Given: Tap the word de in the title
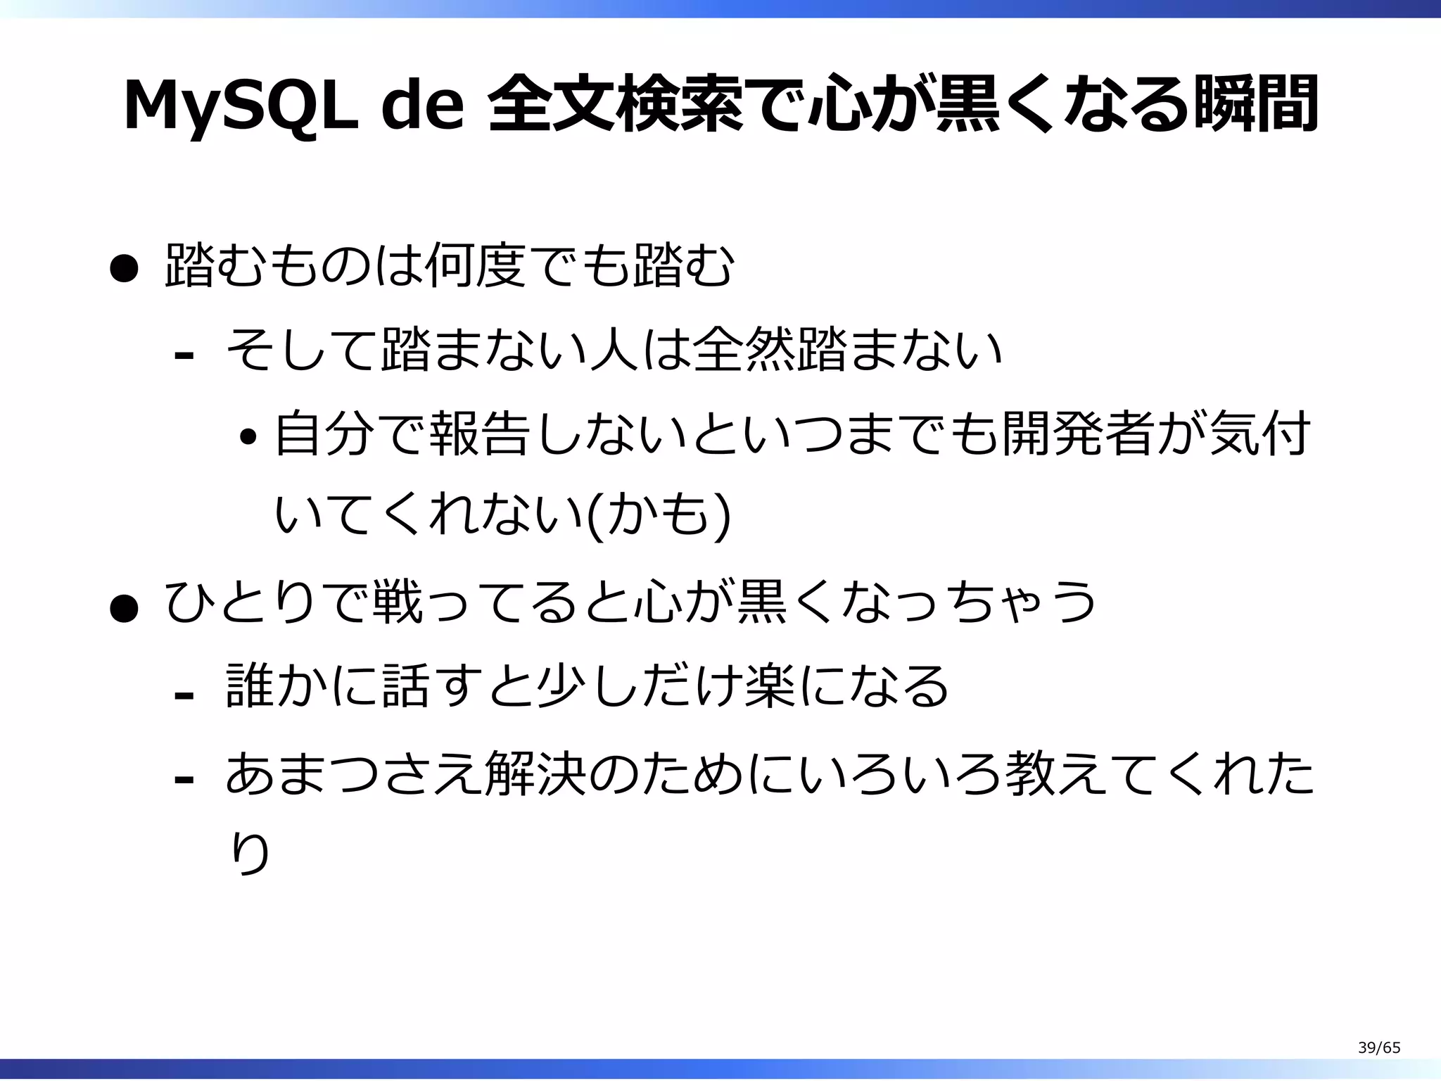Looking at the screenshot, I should click(x=423, y=106).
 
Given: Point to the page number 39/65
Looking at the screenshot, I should click(x=1378, y=1048).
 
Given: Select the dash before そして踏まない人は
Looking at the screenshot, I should click(x=184, y=355).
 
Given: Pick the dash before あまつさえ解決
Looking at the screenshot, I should click(x=184, y=778).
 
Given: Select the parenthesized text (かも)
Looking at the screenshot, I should click(x=658, y=517).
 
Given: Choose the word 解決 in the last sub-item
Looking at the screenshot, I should click(x=535, y=772).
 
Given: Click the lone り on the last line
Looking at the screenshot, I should click(x=250, y=854).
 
